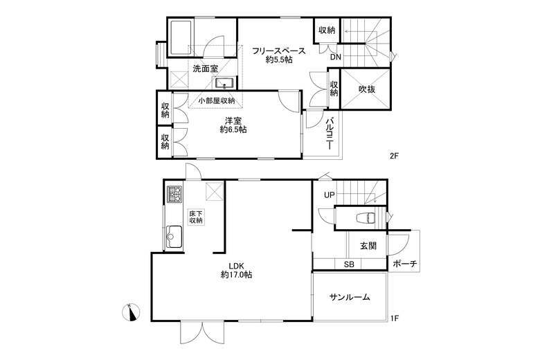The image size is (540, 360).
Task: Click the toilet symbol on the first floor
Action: click(366, 218)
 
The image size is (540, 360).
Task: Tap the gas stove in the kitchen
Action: click(174, 195)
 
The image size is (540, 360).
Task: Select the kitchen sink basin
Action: click(174, 237)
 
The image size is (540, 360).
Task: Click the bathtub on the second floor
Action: click(181, 38)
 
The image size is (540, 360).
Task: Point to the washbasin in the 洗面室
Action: click(224, 83)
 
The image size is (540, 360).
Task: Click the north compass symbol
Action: click(131, 312)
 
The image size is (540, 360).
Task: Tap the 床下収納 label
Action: click(196, 217)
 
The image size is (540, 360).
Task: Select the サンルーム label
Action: click(349, 297)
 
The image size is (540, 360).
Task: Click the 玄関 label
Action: click(368, 246)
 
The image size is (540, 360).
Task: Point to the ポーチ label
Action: click(405, 264)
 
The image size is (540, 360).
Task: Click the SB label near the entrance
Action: click(349, 264)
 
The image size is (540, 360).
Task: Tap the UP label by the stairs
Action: click(330, 195)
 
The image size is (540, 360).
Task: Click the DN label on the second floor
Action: click(336, 57)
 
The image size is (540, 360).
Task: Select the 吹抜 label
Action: click(367, 89)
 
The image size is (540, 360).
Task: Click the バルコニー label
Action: click(331, 134)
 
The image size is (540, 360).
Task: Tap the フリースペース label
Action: click(278, 51)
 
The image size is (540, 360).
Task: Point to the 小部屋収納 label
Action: click(217, 100)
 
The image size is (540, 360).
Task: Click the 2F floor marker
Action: click(394, 156)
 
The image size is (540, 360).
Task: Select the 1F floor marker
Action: click(395, 318)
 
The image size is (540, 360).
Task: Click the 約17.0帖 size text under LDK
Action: click(236, 275)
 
